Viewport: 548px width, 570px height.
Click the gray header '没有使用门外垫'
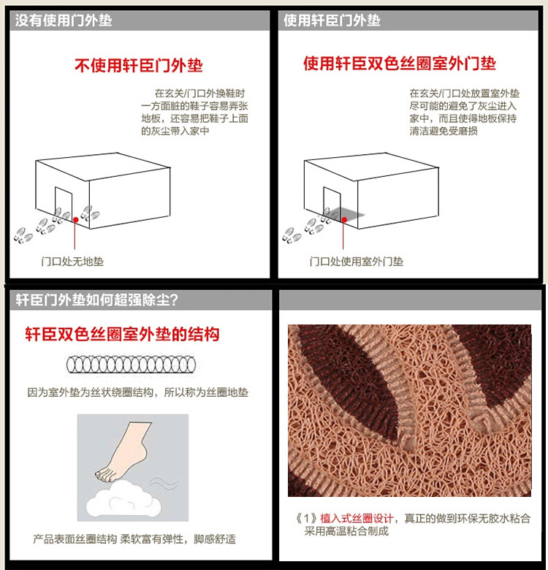64,20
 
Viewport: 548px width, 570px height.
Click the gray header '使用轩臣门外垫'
332,20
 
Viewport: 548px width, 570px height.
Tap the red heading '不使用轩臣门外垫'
138,66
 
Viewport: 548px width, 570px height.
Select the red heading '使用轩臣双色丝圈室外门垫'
400,64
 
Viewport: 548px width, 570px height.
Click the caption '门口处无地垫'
72,262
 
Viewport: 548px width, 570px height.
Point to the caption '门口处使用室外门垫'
357,262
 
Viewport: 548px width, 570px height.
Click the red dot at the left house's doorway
75,219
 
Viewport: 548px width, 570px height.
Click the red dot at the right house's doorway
343,219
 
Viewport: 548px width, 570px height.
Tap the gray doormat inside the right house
348,213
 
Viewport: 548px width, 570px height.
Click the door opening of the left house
64,202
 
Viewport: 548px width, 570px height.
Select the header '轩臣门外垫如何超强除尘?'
97,300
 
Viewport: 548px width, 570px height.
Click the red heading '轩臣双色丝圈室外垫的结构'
122,334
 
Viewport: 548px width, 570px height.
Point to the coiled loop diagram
131,365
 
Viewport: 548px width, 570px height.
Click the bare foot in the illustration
126,451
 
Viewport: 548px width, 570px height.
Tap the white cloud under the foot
123,498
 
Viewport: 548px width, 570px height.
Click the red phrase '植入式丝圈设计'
357,518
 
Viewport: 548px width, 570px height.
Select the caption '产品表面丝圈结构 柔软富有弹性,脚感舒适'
134,539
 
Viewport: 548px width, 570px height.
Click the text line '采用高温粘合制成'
346,531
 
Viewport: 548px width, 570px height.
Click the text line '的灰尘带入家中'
175,131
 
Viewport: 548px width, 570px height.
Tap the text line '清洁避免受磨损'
444,131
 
